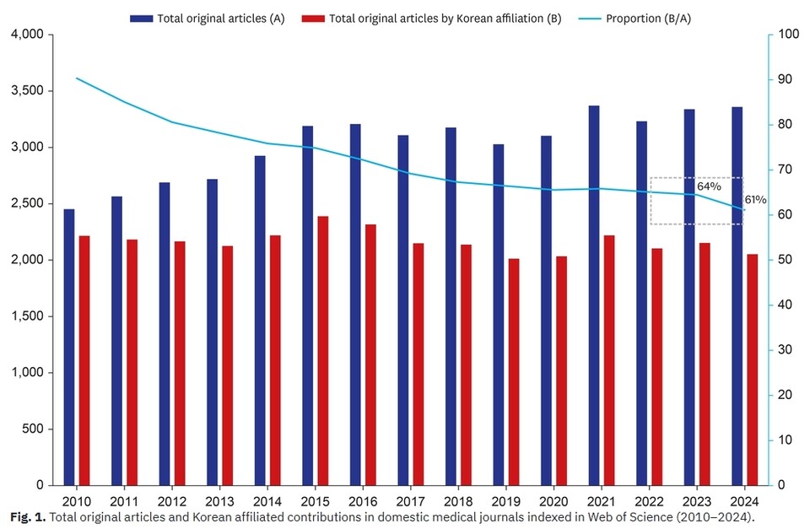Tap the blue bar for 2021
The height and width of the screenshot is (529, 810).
(594, 295)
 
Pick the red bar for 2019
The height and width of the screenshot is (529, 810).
(514, 372)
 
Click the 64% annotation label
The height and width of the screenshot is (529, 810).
(709, 186)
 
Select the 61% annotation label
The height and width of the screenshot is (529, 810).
(755, 200)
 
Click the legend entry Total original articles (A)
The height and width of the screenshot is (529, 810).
(219, 18)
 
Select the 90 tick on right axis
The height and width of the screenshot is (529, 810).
(786, 79)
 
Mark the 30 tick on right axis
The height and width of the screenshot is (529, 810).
(786, 350)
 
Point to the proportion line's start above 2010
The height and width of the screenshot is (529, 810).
(77, 78)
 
